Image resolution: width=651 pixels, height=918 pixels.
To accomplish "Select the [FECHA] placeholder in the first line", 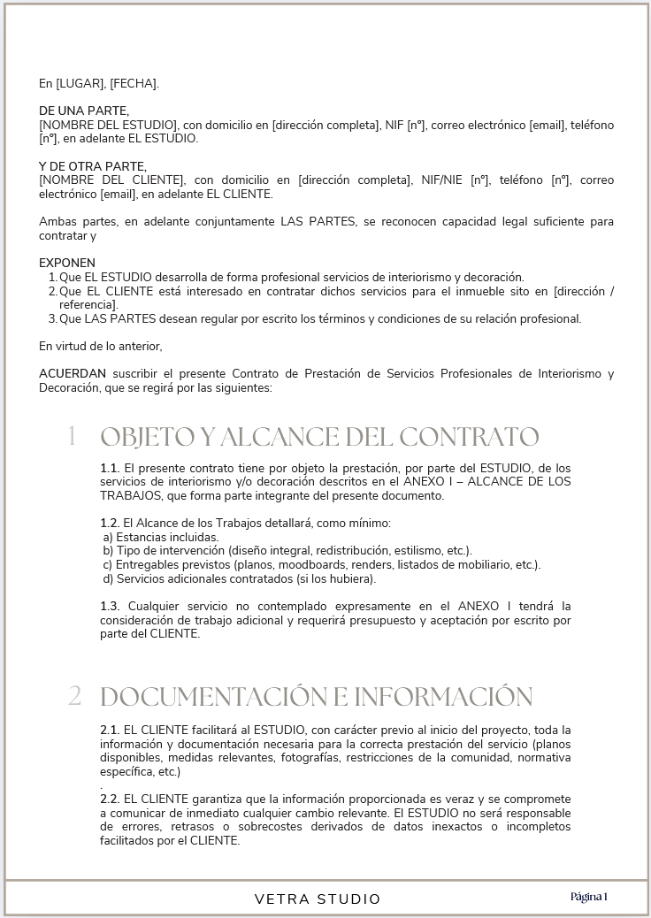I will (x=133, y=84).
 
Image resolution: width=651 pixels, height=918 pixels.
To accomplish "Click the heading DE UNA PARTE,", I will (x=84, y=111).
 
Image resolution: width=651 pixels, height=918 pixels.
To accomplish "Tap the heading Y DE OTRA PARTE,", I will (x=93, y=166).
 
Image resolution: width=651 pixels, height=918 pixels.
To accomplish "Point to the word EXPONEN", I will (x=67, y=263).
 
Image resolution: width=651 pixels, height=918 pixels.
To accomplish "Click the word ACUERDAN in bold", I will (x=70, y=373).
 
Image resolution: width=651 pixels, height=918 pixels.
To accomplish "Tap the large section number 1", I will (x=72, y=436).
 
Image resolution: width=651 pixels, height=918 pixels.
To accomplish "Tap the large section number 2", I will (x=74, y=696).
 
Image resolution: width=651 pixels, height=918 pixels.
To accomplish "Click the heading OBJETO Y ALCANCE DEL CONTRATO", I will (x=319, y=437).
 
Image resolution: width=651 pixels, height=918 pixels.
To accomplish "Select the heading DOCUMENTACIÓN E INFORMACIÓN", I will (x=317, y=697).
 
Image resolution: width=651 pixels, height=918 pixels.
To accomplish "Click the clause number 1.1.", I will (x=110, y=467).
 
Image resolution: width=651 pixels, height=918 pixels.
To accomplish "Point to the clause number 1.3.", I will (x=110, y=606).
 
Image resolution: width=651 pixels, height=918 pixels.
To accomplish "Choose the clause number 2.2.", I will (x=110, y=799).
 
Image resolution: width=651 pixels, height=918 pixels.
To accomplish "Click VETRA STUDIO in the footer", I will (x=318, y=899).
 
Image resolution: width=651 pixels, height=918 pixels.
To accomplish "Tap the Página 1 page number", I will (x=589, y=897).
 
